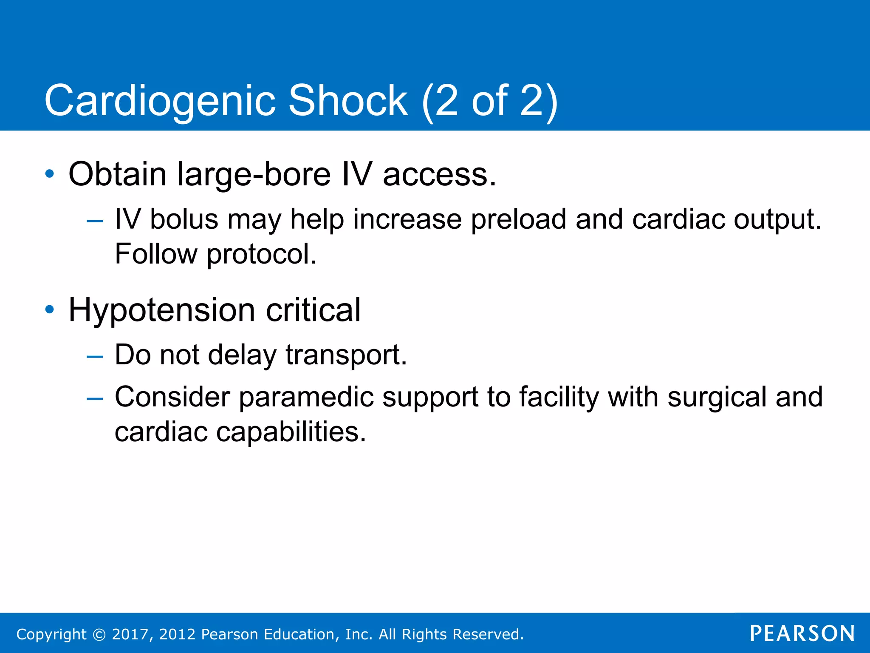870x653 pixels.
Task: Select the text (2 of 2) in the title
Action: [489, 101]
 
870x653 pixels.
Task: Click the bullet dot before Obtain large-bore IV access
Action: [50, 174]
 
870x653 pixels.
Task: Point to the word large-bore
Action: [254, 175]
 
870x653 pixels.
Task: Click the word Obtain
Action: [117, 174]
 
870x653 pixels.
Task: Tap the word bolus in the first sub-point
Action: [184, 220]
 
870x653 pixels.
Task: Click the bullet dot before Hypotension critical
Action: [50, 309]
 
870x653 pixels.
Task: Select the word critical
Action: [313, 310]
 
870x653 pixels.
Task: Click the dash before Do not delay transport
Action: [94, 356]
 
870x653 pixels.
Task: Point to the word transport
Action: [346, 355]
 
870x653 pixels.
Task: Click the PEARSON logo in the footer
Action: [802, 633]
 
